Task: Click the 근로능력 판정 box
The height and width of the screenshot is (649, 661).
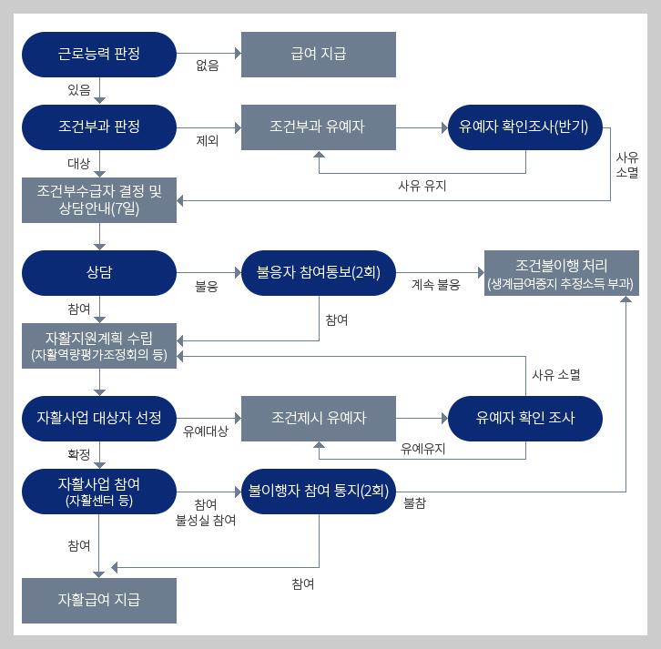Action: pyautogui.click(x=99, y=55)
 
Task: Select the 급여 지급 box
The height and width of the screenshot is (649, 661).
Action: pyautogui.click(x=318, y=55)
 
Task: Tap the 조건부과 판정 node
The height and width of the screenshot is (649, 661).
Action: pyautogui.click(x=99, y=127)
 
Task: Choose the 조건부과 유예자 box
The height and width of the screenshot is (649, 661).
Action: pyautogui.click(x=318, y=127)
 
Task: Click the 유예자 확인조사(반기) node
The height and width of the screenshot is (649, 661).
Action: pyautogui.click(x=525, y=127)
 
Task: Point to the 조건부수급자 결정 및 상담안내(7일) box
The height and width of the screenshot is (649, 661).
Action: pyautogui.click(x=99, y=199)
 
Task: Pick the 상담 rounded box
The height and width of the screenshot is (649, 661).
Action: pyautogui.click(x=99, y=272)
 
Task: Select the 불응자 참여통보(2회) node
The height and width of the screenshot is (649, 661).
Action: pyautogui.click(x=318, y=272)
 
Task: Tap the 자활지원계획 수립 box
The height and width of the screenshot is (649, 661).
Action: pyautogui.click(x=99, y=345)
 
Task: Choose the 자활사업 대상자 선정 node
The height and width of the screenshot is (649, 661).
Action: pyautogui.click(x=99, y=418)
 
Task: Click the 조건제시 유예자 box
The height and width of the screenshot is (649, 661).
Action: pyautogui.click(x=318, y=418)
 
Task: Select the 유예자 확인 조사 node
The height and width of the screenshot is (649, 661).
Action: pyautogui.click(x=525, y=418)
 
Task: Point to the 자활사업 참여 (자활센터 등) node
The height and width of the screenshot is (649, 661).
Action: pyautogui.click(x=99, y=491)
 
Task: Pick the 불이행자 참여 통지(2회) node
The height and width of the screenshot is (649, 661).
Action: pyautogui.click(x=318, y=491)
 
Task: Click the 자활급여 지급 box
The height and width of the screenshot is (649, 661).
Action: pyautogui.click(x=99, y=600)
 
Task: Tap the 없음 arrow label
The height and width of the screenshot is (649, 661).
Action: pyautogui.click(x=208, y=66)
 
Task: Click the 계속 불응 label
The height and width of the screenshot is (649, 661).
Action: pyautogui.click(x=435, y=284)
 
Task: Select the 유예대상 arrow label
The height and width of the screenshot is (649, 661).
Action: pyautogui.click(x=205, y=430)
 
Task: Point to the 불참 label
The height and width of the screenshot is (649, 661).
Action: pyautogui.click(x=415, y=502)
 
